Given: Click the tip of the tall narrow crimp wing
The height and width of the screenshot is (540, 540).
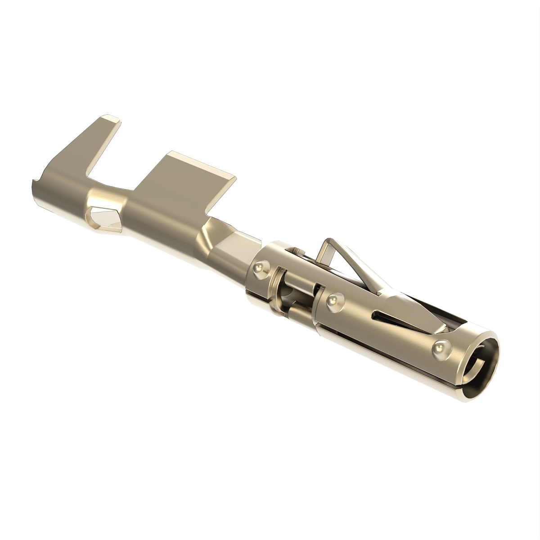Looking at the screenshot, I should coord(109,120).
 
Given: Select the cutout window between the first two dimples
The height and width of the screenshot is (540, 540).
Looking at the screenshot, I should coord(292,292).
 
